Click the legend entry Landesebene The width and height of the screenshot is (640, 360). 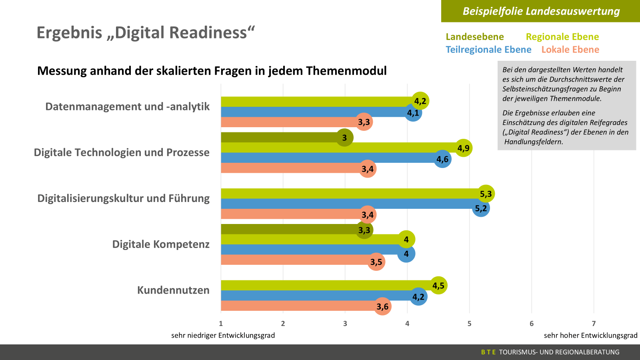point(474,37)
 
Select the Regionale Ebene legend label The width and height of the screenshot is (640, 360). point(562,37)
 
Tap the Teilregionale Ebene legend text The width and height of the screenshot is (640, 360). point(488,50)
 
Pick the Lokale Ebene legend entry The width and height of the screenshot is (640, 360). point(570,50)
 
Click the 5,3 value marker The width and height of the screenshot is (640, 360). point(486,194)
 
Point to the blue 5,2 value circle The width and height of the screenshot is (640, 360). point(481,208)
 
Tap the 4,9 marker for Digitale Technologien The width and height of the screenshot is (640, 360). point(463,148)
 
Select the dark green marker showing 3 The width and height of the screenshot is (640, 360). point(344,138)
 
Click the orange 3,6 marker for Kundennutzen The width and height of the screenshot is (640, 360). point(382,307)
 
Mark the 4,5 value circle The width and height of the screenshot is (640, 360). point(438,286)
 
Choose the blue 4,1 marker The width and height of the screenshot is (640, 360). point(413,113)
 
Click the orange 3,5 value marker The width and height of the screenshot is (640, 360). point(376,262)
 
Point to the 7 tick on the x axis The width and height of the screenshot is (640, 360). point(594,324)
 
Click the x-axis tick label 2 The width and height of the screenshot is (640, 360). point(283,324)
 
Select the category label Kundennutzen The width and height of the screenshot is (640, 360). point(173,290)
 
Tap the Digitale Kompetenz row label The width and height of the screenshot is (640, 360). point(161,244)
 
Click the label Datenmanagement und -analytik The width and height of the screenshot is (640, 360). point(127,106)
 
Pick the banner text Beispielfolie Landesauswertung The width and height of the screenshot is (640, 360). point(541,11)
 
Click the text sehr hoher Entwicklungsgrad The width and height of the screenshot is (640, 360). point(590,335)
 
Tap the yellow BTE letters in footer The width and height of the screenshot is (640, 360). point(488,352)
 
